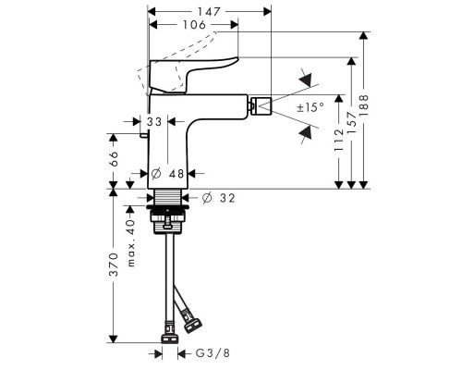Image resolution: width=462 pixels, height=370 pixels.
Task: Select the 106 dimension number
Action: [190, 26]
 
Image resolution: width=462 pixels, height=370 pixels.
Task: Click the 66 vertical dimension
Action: [114, 157]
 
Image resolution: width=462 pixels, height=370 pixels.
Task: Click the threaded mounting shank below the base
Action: [168, 199]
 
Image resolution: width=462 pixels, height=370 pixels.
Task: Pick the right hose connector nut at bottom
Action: [193, 325]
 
